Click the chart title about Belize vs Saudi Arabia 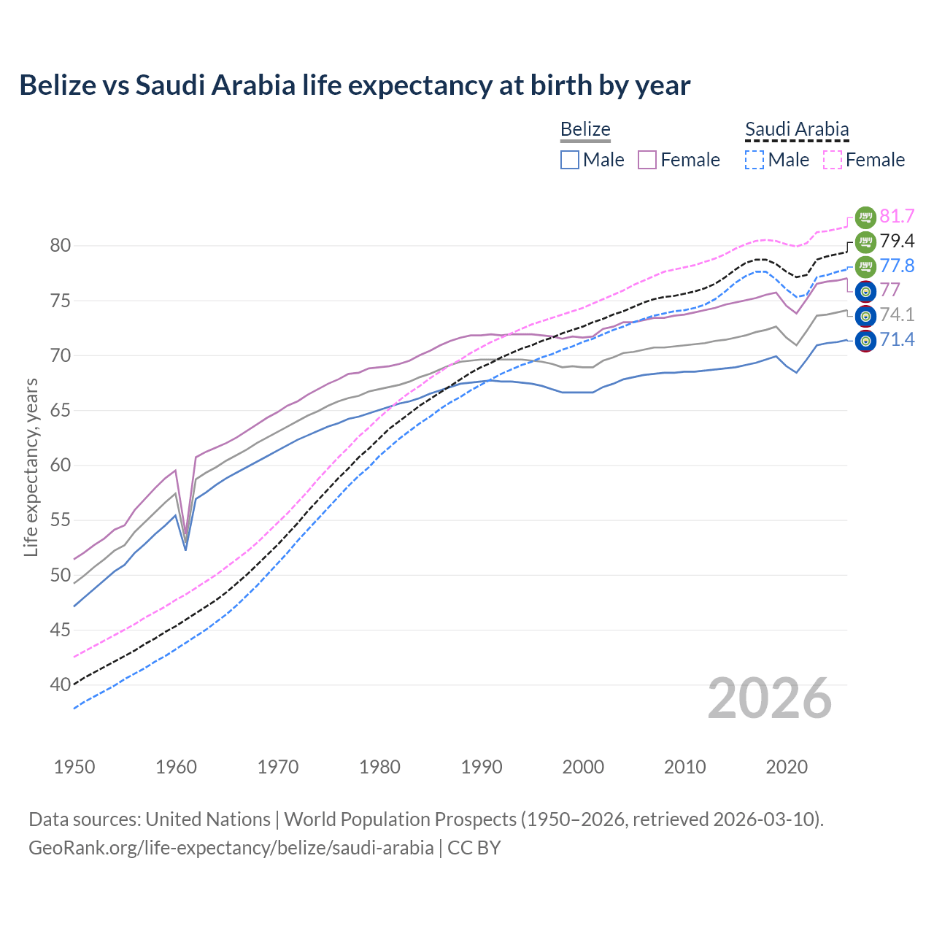pos(355,85)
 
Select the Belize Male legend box pos(570,160)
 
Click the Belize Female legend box pos(647,160)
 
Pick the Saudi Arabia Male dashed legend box pos(754,160)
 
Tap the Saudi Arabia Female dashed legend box pos(832,160)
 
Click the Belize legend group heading pos(585,129)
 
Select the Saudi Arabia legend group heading pos(797,129)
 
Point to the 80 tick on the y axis pos(61,246)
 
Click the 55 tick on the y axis pos(61,520)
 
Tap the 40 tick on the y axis pos(61,685)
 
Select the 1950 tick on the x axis pos(74,767)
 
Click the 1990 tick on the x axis pos(482,767)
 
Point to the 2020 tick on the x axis pos(787,767)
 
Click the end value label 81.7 pos(897,217)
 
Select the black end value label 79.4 pos(897,242)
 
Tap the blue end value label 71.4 pos(897,339)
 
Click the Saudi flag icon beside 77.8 pos(865,266)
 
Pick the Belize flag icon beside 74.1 pos(865,316)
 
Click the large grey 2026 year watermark pos(770,698)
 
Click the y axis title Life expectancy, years pos(31,467)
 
